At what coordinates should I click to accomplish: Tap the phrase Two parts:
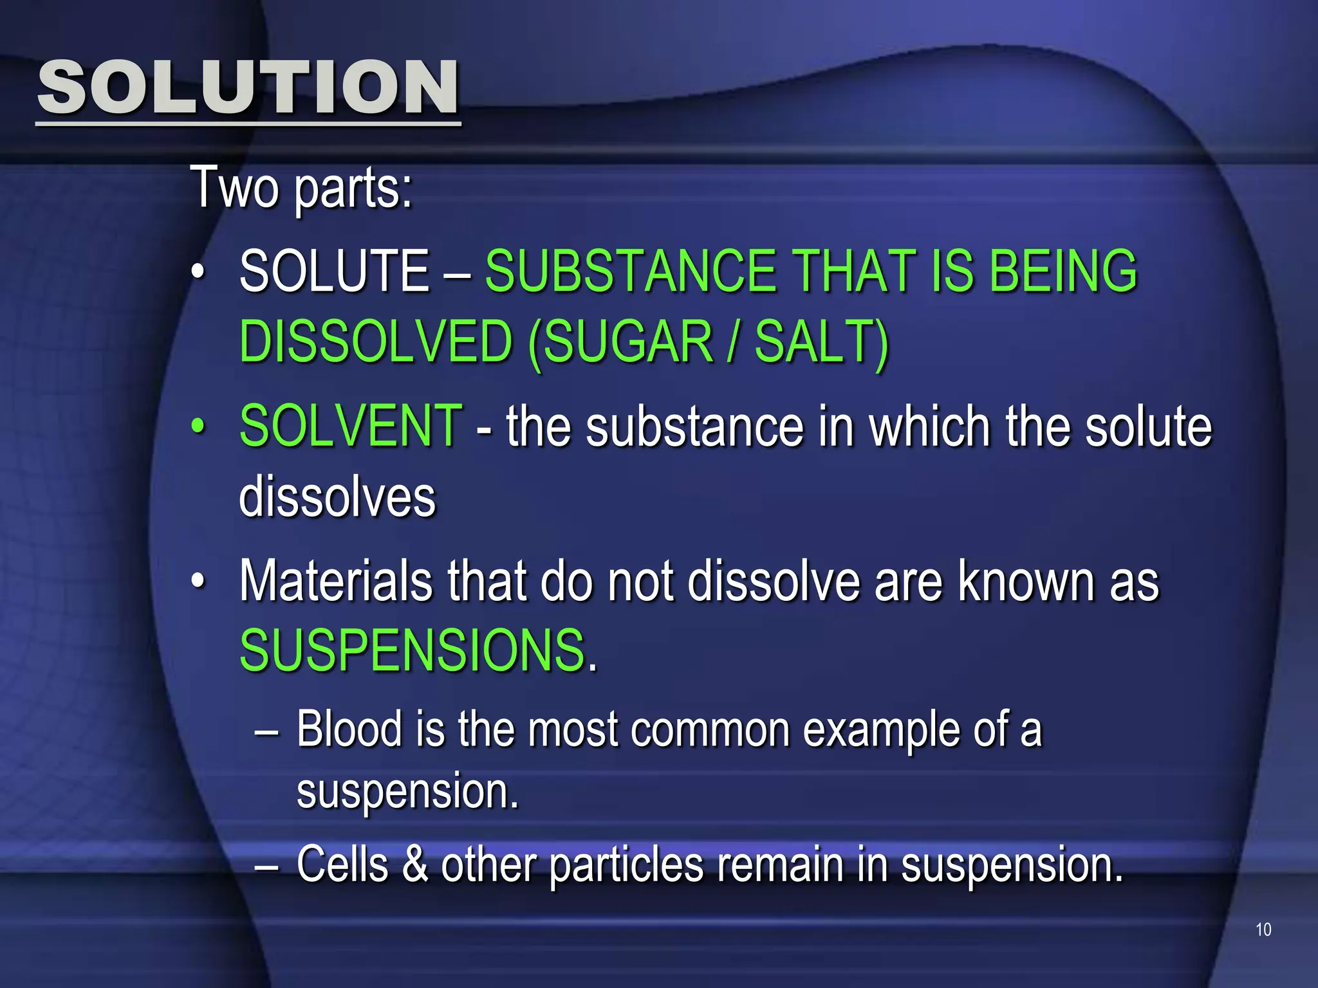(301, 187)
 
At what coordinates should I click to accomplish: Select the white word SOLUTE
(334, 271)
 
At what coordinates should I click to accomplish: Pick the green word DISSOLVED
(376, 342)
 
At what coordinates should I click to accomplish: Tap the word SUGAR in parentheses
(628, 342)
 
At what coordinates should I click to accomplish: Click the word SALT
(815, 342)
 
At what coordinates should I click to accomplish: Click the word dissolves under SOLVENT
(337, 497)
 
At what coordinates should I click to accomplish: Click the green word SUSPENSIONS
(412, 650)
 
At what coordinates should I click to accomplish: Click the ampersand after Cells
(416, 864)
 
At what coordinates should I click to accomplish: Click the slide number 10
(1263, 929)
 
